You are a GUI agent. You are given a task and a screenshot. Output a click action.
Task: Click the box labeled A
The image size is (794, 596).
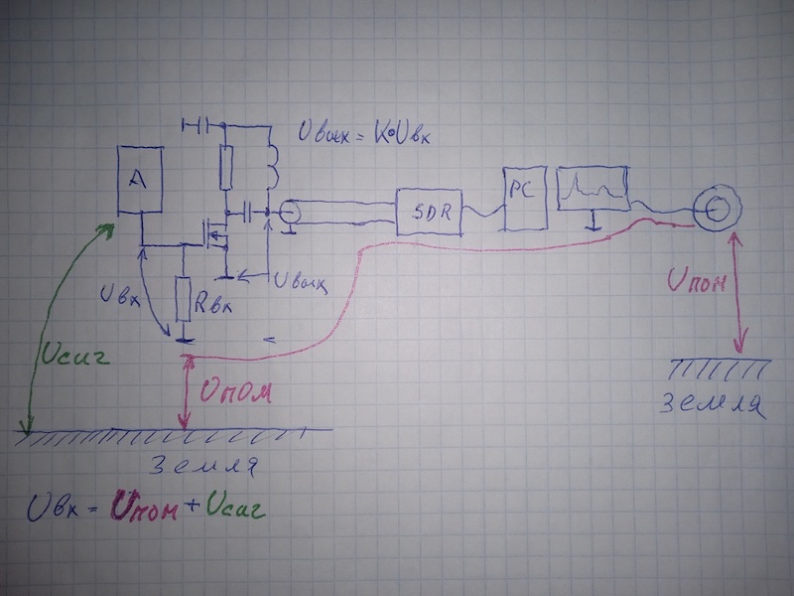tap(140, 179)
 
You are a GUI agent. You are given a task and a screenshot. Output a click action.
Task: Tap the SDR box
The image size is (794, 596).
tap(430, 212)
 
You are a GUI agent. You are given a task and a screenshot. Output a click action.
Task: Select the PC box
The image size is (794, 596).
tap(521, 194)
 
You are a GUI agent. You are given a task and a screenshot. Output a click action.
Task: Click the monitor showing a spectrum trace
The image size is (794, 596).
tap(593, 189)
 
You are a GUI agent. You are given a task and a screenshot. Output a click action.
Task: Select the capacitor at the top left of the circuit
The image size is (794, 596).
tap(198, 126)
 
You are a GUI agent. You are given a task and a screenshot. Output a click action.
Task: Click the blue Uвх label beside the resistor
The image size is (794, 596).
tap(118, 294)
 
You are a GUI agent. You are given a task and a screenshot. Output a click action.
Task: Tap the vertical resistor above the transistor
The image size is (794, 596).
tap(225, 166)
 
